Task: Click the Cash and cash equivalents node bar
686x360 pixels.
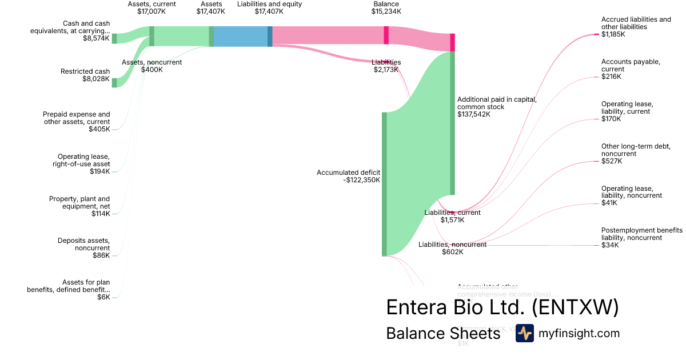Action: (x=114, y=38)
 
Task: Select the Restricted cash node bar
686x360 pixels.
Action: (x=114, y=83)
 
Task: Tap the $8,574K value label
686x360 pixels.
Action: (x=96, y=38)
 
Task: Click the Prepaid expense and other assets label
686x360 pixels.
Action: (x=77, y=118)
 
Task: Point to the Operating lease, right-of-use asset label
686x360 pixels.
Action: (x=83, y=160)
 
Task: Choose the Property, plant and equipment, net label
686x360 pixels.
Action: (x=79, y=202)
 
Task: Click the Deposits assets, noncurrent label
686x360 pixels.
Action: (x=83, y=244)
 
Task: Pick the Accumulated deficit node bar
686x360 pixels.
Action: (x=384, y=184)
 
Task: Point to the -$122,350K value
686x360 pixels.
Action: (x=362, y=180)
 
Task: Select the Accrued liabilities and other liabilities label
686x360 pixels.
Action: (x=636, y=23)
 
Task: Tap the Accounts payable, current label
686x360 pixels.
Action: (x=631, y=65)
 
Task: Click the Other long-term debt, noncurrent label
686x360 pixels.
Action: (x=635, y=150)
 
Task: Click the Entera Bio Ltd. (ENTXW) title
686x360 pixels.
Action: (x=502, y=307)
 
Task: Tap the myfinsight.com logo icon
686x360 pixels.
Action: (x=524, y=333)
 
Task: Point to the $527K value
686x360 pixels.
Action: (x=612, y=161)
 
